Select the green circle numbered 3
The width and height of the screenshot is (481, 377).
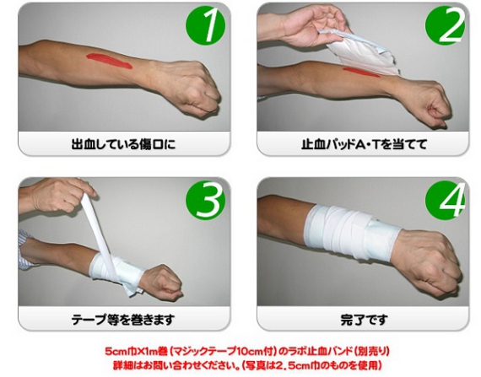(205, 200)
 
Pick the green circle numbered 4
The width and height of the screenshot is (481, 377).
(445, 200)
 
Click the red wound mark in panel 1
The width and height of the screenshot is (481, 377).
(109, 61)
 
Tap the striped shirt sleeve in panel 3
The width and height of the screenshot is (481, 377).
(24, 250)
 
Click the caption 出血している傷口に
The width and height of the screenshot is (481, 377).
(123, 144)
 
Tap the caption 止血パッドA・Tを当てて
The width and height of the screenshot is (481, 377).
(364, 144)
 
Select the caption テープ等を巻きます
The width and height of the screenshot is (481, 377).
(123, 320)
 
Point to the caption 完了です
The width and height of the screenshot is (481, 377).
(364, 320)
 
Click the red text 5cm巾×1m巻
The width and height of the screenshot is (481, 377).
(136, 352)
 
